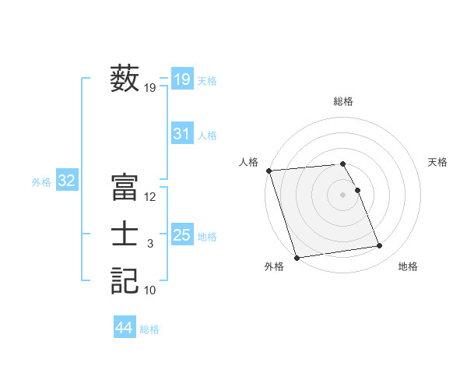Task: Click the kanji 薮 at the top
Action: click(125, 79)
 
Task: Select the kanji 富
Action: click(125, 188)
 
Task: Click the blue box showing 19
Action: click(182, 79)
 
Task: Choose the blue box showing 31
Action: click(182, 134)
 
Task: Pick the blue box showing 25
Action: click(182, 234)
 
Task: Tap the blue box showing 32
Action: click(67, 181)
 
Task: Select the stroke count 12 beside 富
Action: click(150, 198)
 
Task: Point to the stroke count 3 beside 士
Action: click(150, 244)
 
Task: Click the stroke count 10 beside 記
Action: click(150, 290)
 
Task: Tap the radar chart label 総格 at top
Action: click(343, 101)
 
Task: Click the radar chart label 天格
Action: click(438, 162)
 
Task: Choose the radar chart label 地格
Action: click(408, 266)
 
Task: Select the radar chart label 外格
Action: click(274, 266)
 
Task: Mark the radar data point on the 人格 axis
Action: click(269, 171)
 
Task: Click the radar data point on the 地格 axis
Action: click(380, 246)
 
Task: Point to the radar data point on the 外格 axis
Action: click(297, 258)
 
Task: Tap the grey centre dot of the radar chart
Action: click(343, 195)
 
